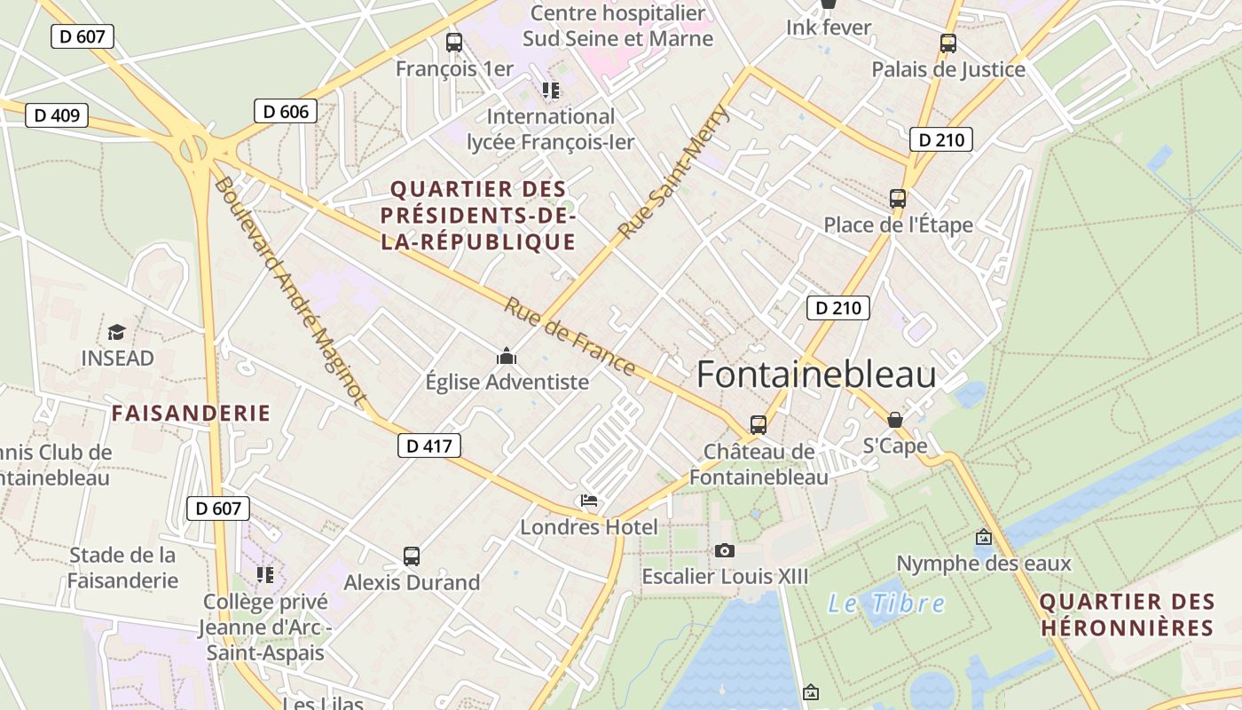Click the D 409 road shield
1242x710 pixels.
click(x=57, y=115)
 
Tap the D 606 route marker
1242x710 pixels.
click(x=286, y=111)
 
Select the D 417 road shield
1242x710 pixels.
click(x=428, y=446)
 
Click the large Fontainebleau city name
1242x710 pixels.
click(x=816, y=375)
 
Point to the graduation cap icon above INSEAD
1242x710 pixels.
click(x=116, y=333)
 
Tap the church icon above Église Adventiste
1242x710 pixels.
click(x=507, y=356)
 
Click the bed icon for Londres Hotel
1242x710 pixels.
click(x=589, y=501)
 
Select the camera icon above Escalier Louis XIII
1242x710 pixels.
click(x=725, y=551)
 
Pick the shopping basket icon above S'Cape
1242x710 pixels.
click(x=895, y=420)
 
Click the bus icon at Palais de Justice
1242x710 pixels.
click(x=948, y=43)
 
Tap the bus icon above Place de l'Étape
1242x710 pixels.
click(x=898, y=199)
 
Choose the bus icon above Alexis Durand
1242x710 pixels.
click(x=412, y=556)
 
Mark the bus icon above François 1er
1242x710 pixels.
click(x=453, y=42)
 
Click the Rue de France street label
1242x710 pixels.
click(x=570, y=336)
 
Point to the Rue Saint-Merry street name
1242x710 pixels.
click(x=673, y=172)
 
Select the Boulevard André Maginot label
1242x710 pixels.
click(x=289, y=292)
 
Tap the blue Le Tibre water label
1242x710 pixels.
click(x=886, y=603)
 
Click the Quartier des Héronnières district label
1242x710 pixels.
click(x=1127, y=614)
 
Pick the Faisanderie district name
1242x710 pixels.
click(x=191, y=413)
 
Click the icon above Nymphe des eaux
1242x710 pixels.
click(x=983, y=537)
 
